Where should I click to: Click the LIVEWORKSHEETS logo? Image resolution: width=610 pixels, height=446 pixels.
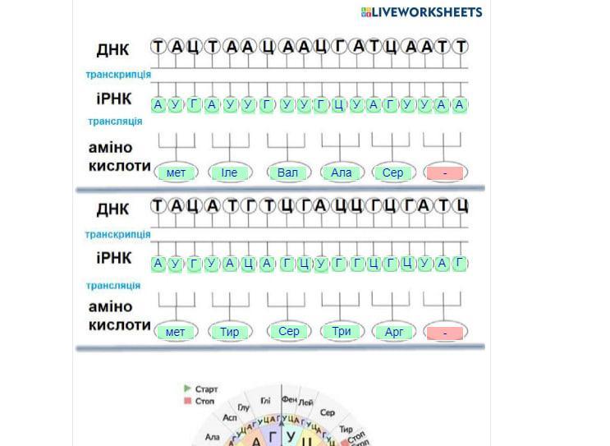[421, 11]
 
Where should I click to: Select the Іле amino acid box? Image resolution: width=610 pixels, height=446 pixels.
[229, 172]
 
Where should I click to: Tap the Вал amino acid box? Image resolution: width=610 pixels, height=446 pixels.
[287, 172]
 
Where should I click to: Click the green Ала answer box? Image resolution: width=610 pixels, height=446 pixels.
[341, 172]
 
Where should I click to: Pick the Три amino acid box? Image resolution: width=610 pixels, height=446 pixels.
[342, 332]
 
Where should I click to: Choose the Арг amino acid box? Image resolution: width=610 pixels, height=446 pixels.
[394, 333]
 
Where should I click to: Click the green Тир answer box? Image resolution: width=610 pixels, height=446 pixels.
[229, 333]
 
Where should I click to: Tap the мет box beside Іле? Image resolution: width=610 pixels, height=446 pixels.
[176, 172]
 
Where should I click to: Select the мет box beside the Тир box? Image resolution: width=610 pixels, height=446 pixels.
[175, 333]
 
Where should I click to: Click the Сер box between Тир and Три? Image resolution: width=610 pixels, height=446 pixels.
[289, 332]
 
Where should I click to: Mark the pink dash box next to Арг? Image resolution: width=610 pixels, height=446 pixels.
[445, 333]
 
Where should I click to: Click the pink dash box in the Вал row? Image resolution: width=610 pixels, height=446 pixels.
[445, 173]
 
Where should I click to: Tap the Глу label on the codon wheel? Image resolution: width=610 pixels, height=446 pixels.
[244, 407]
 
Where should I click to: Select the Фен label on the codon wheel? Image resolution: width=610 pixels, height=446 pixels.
[288, 398]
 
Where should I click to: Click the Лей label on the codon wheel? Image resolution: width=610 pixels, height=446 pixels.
[306, 402]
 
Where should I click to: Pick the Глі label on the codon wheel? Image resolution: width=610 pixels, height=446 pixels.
[265, 400]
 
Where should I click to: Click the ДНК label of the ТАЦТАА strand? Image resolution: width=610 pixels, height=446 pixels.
[112, 49]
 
